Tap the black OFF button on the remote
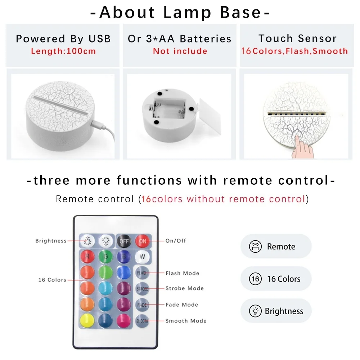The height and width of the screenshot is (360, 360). [124, 241]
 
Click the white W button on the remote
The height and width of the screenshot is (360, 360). [142, 257]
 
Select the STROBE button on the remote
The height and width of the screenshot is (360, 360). [142, 289]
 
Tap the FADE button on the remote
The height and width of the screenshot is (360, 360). [142, 305]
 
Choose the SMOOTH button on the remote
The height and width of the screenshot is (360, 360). [142, 321]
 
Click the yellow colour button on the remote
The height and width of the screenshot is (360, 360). [87, 321]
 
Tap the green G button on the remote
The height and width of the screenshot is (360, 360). [105, 256]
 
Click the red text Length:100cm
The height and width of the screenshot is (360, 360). [63, 51]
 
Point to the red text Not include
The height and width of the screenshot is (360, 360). [180, 51]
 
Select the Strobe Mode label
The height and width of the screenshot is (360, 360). [185, 288]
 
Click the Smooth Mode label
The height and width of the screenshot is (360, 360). [186, 321]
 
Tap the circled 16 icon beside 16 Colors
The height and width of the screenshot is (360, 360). [255, 279]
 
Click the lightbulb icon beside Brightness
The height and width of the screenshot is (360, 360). [255, 311]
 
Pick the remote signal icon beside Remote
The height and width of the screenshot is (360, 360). [255, 247]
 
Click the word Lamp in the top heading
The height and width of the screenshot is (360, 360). [187, 12]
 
